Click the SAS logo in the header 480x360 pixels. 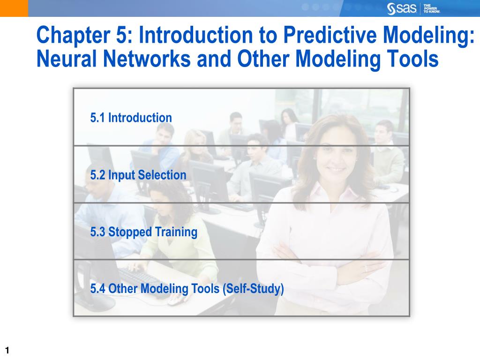pyautogui.click(x=401, y=8)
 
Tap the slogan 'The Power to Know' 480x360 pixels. pyautogui.click(x=432, y=8)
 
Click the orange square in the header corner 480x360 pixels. pyautogui.click(x=14, y=8)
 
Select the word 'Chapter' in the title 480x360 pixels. pyautogui.click(x=73, y=35)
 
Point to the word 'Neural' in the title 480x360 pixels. pyautogui.click(x=67, y=59)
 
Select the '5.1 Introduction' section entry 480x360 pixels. pyautogui.click(x=131, y=118)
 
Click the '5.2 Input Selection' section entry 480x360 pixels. pyautogui.click(x=138, y=175)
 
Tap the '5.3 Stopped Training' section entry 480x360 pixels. pyautogui.click(x=143, y=232)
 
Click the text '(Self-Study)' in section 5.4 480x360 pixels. pyautogui.click(x=253, y=289)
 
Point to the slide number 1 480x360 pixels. pyautogui.click(x=7, y=351)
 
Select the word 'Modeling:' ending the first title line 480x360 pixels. pyautogui.click(x=428, y=35)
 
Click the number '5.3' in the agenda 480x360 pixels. pyautogui.click(x=97, y=232)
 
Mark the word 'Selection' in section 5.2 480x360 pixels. pyautogui.click(x=162, y=175)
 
